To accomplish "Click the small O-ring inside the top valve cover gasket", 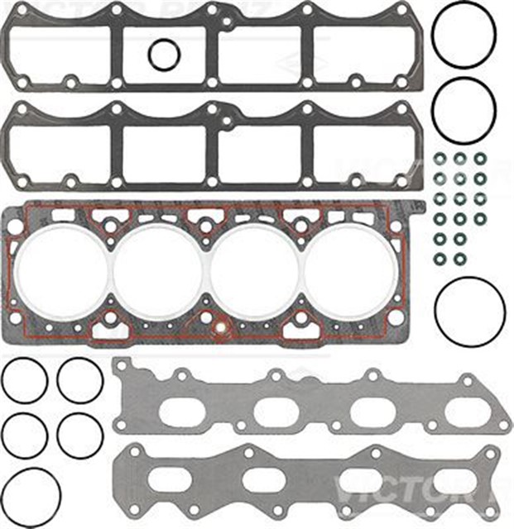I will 164,55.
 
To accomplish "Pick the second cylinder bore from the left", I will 158,270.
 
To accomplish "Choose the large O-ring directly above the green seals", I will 464,110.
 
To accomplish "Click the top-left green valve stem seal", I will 440,159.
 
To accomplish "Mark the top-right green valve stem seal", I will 480,159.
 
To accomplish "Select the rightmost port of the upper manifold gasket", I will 466,410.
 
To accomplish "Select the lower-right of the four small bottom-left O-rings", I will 80,434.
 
